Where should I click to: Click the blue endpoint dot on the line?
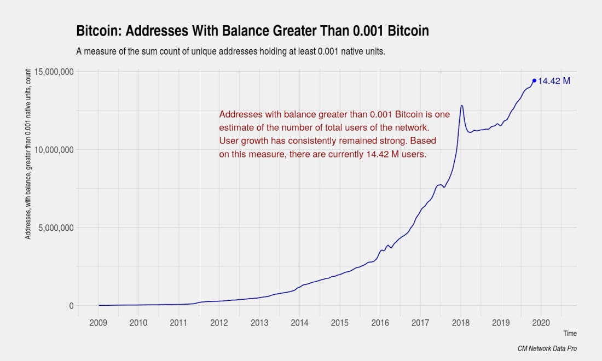tap(534, 81)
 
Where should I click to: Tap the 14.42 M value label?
tap(554, 81)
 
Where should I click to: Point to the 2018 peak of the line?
tap(462, 106)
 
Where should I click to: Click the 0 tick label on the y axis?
tap(71, 306)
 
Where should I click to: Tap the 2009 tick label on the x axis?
tap(99, 323)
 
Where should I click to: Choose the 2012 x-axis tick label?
tap(219, 323)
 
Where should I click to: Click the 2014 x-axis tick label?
tap(299, 323)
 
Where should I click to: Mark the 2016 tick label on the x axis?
tap(380, 323)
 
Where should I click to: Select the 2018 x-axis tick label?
tap(461, 323)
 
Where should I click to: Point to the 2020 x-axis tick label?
tap(541, 323)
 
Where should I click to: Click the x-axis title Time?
tap(570, 333)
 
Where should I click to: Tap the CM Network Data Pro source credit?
tap(547, 348)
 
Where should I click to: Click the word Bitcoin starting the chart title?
tap(96, 31)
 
